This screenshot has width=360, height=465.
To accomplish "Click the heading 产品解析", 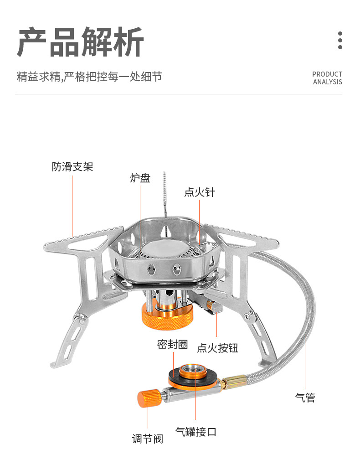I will click(81, 42).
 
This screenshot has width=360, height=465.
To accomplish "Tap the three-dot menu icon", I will click(340, 41).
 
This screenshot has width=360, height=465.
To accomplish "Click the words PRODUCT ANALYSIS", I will click(327, 78).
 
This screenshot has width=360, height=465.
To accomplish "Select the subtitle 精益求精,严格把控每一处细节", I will click(89, 76).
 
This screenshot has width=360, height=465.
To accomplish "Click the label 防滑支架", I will click(72, 167).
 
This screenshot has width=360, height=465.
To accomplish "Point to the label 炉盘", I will click(140, 178).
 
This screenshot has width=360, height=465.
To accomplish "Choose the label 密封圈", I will click(172, 344).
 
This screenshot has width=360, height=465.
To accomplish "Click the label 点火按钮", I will click(217, 348).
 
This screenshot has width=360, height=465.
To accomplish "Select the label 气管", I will click(305, 398).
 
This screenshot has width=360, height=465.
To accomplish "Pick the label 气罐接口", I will click(196, 432).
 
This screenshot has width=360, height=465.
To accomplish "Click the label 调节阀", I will click(147, 439).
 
